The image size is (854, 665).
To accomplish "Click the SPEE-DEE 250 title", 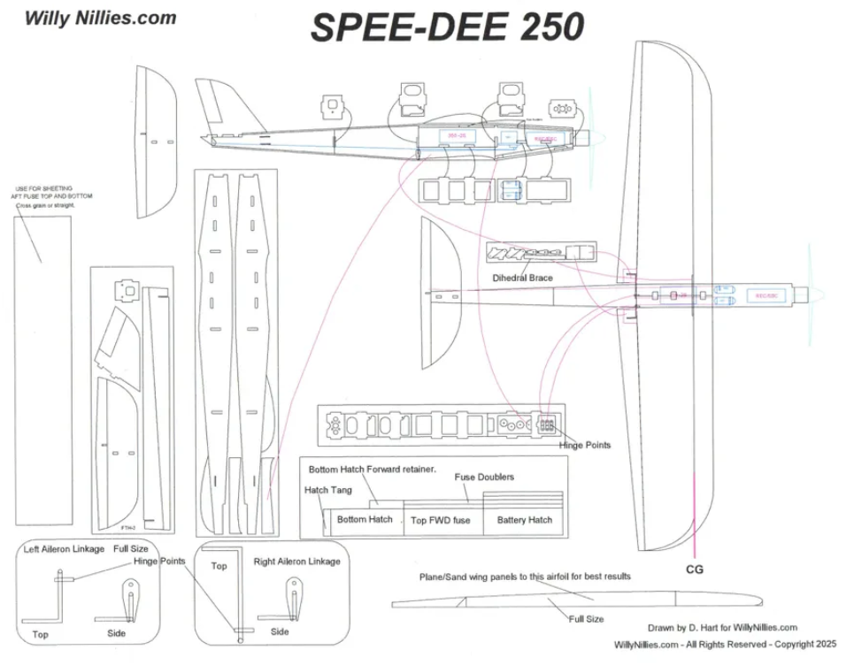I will pos(447,27).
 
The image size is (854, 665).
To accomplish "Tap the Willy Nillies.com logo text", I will pos(100,17).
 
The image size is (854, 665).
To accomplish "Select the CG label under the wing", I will pos(695,569).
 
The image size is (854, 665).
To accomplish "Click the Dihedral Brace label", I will pos(523,278).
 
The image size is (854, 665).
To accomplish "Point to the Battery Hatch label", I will pos(524,520).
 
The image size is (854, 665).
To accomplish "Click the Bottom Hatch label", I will pos(364,520).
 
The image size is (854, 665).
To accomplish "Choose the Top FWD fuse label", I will pos(440,520).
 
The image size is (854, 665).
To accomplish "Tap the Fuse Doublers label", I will pos(484,478).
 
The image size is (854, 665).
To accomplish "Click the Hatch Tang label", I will pos(327,490).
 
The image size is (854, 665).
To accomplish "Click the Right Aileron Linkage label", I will pos(296,562).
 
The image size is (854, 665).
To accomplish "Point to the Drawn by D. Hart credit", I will pos(722,628).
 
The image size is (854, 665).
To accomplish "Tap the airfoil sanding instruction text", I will pos(525,577).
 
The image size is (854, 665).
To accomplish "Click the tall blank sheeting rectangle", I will pos(43,370).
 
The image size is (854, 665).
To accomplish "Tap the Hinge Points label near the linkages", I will pos(159,562).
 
